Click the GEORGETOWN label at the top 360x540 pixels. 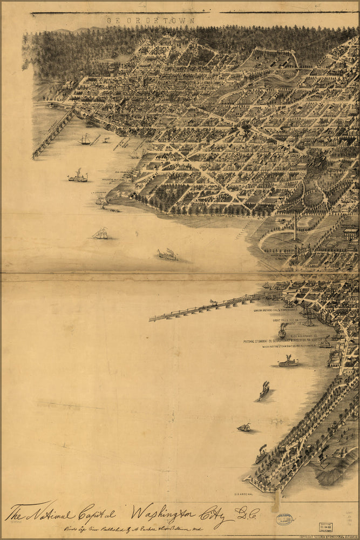150,21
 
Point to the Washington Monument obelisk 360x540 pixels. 295,225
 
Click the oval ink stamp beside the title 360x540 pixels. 284,519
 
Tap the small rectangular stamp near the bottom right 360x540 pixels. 325,527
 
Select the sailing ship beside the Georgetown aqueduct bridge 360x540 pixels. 85,140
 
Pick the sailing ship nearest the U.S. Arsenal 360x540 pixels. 244,428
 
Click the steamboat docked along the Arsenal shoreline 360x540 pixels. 261,454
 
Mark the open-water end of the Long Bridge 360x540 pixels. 152,319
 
